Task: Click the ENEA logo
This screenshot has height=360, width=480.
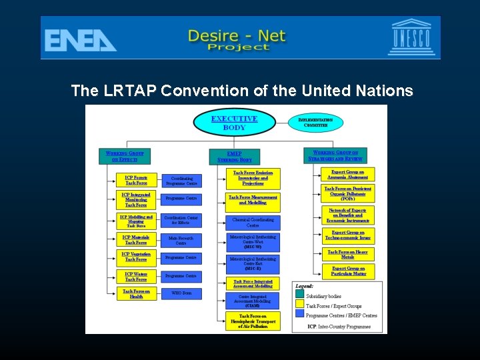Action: [x=81, y=39]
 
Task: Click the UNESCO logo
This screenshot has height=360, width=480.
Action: [x=411, y=37]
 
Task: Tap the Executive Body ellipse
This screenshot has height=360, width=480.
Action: [x=234, y=123]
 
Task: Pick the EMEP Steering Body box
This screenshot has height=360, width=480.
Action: [x=234, y=157]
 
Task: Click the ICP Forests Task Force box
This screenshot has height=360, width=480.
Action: [x=136, y=180]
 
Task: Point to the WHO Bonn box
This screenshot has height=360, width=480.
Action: [x=181, y=293]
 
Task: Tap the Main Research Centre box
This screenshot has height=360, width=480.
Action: [x=181, y=240]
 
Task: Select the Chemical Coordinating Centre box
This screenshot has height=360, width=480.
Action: [x=253, y=222]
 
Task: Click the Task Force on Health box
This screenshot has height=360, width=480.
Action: [x=136, y=294]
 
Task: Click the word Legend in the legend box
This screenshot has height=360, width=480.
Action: [x=305, y=286]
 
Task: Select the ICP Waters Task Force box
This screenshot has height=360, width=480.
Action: [x=136, y=276]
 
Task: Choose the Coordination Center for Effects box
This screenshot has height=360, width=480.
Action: [x=181, y=220]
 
